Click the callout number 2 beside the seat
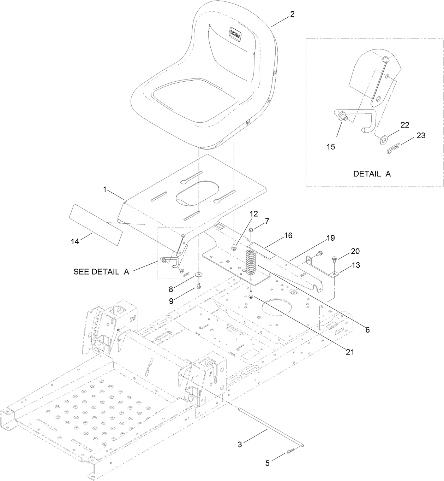[x=292, y=14]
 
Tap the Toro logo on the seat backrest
[x=235, y=34]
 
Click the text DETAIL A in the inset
[x=372, y=174]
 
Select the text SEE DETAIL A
[x=101, y=271]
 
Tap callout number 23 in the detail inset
[x=421, y=135]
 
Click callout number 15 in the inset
[x=331, y=147]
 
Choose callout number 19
[x=330, y=238]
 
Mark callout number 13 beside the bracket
[x=356, y=265]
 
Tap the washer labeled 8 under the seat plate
[x=200, y=274]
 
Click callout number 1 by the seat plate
[x=105, y=189]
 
